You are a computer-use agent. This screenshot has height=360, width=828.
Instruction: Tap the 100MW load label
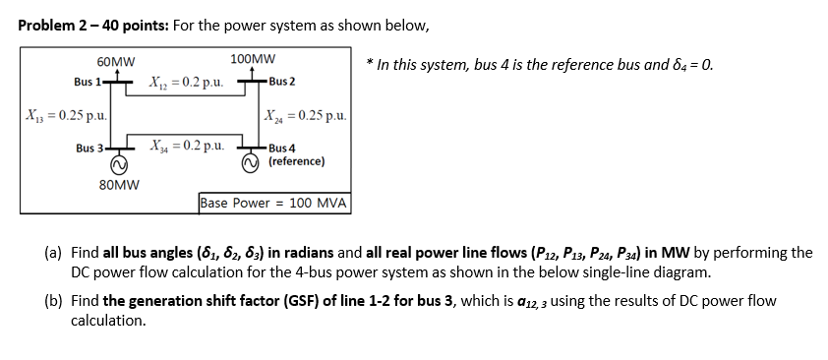pos(253,60)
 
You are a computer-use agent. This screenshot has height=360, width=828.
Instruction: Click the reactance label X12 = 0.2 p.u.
pos(187,81)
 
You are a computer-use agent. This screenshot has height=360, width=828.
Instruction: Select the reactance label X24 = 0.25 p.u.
pos(306,116)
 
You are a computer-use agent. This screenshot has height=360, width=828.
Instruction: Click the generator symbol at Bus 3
pos(118,164)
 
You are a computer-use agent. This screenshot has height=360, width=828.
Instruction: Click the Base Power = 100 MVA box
pos(274,204)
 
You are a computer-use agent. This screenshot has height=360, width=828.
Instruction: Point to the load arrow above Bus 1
pos(118,74)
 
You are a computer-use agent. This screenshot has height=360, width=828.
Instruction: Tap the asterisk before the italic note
pos(368,66)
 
